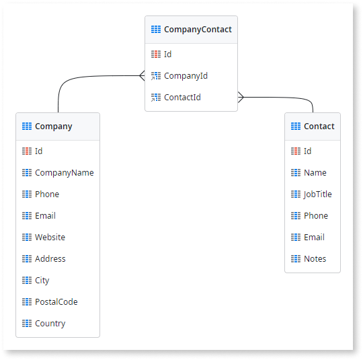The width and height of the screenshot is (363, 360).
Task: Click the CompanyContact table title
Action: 198,30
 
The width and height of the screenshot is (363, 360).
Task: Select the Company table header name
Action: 54,127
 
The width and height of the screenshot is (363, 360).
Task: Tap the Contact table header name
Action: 319,127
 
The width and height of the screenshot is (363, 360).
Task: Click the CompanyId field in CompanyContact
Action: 186,76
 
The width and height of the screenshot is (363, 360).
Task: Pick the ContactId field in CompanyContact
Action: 182,98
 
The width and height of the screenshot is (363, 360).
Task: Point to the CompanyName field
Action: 65,173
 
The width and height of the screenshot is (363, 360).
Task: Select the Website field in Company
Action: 50,238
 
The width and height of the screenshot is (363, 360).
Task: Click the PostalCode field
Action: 56,302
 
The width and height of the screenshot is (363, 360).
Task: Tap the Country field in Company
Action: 50,324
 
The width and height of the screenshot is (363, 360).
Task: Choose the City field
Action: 42,281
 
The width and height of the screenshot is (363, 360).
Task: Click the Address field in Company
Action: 50,259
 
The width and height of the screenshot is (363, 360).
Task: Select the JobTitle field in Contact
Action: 317,194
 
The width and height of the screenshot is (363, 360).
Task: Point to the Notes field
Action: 315,259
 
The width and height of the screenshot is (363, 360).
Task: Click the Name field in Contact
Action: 315,173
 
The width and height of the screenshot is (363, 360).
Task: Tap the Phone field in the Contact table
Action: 316,216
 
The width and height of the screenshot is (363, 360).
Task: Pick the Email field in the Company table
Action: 45,216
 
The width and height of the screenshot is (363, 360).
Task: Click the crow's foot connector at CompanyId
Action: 142,75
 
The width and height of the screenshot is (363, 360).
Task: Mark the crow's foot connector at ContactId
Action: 241,97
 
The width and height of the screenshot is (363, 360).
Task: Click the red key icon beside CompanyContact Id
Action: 156,55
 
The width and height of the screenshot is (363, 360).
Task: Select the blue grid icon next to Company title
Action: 27,127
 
